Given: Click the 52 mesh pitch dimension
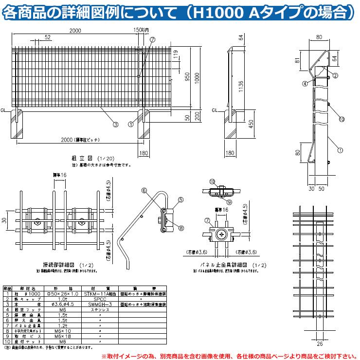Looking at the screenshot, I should (x=47, y=37).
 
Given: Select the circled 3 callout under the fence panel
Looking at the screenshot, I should (x=115, y=124).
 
